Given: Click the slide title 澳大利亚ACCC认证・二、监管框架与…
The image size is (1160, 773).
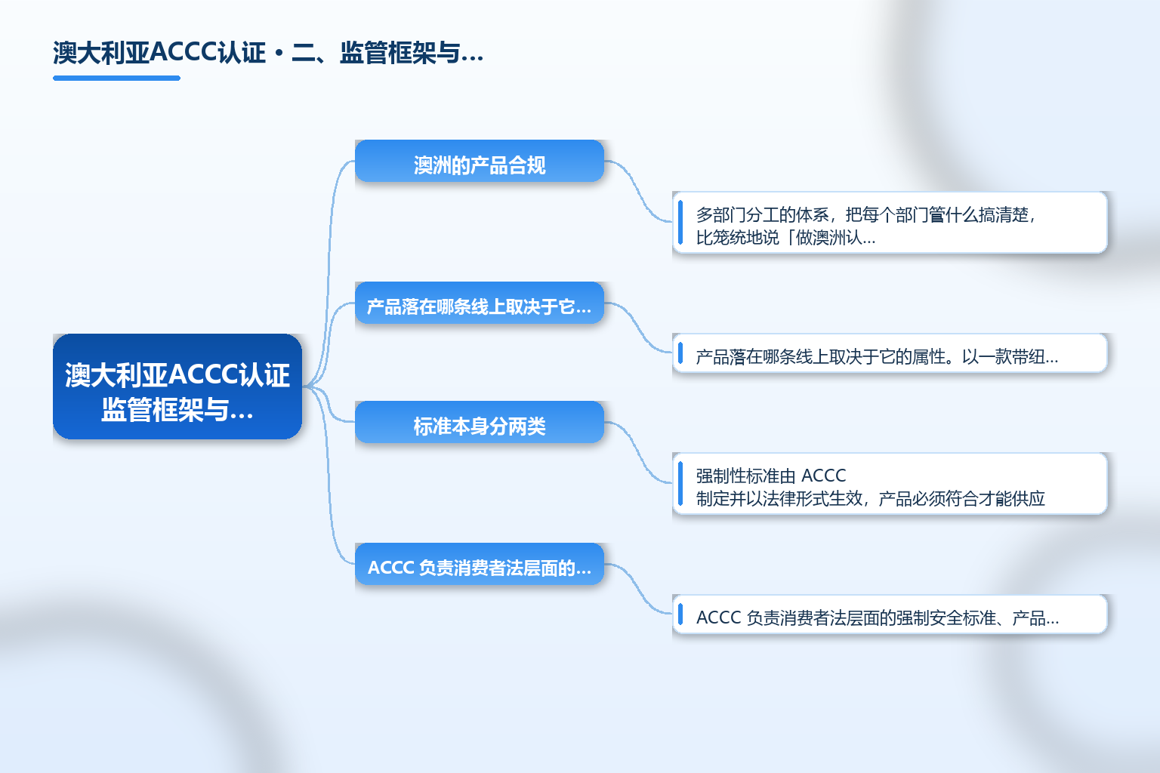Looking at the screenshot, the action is click(x=268, y=53).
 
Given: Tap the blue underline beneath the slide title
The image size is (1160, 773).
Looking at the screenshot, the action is click(x=116, y=79).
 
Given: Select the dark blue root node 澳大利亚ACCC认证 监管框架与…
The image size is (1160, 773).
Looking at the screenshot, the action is click(x=177, y=386).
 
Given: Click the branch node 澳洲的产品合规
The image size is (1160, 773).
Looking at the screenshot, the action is click(x=480, y=161).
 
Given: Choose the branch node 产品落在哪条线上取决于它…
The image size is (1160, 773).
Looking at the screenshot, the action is click(x=480, y=303).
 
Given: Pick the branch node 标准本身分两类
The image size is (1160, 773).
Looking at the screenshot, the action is click(x=480, y=422).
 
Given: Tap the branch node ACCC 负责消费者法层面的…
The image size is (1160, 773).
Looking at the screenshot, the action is click(x=480, y=564).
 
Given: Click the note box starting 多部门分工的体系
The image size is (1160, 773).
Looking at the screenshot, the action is click(x=890, y=223).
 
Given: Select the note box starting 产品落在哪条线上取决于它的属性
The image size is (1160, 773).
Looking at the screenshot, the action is click(x=890, y=353).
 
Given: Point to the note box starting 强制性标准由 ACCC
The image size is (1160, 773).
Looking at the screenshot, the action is click(x=890, y=484).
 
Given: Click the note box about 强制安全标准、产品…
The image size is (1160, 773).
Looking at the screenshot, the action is click(x=890, y=614).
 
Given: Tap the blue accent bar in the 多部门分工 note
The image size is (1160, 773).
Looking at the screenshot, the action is click(x=680, y=223).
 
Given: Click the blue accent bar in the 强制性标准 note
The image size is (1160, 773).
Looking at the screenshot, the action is click(x=680, y=484).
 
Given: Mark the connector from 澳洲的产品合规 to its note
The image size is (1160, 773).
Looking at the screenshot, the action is click(x=638, y=192).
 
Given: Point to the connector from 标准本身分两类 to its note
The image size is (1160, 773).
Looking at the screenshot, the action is click(x=638, y=452).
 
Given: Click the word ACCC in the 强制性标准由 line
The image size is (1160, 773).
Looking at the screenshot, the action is click(x=823, y=476).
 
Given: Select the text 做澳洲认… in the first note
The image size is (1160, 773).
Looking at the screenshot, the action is click(x=835, y=238).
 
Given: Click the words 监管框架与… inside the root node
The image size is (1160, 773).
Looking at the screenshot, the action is click(x=177, y=410).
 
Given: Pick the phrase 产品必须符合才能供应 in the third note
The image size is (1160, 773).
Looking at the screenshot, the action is click(x=961, y=498).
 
